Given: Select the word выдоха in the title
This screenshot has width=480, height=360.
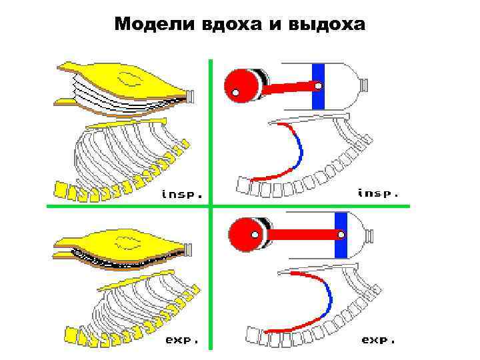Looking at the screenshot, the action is pyautogui.click(x=327, y=25).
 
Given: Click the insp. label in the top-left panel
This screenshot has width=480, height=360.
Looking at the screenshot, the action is pyautogui.click(x=182, y=195).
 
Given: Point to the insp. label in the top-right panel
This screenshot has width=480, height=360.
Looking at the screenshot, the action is pyautogui.click(x=378, y=193).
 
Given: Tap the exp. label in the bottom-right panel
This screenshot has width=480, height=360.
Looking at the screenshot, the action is pyautogui.click(x=378, y=339).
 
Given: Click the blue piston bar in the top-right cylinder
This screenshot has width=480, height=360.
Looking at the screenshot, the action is pyautogui.click(x=318, y=87).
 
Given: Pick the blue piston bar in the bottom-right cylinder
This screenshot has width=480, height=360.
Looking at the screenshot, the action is pyautogui.click(x=341, y=235).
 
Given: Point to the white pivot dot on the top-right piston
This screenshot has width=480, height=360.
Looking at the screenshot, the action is pyautogui.click(x=318, y=86).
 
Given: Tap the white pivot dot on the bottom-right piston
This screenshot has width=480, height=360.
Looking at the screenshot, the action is pyautogui.click(x=341, y=235).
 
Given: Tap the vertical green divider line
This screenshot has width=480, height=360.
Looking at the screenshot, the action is pyautogui.click(x=209, y=133).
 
